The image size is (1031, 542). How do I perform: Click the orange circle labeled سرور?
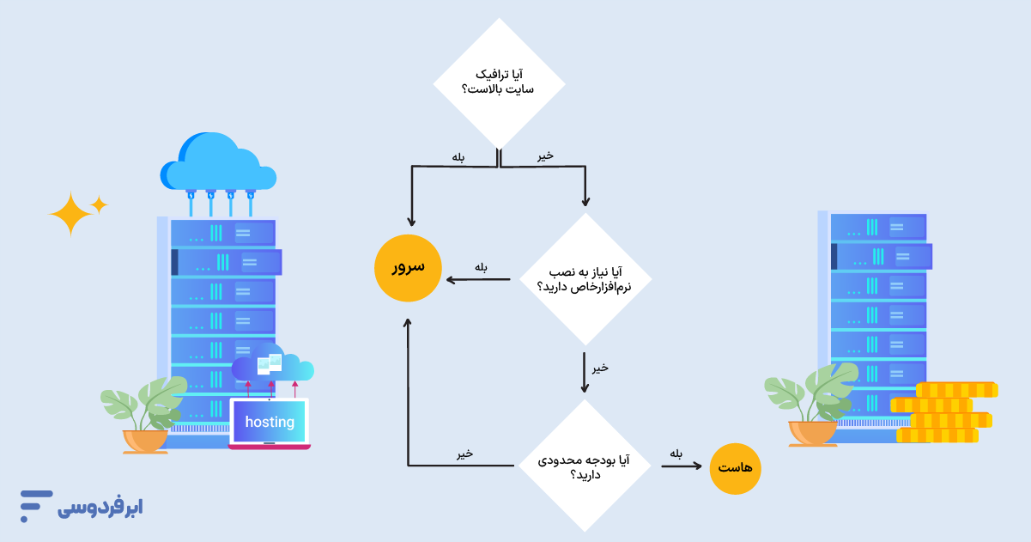408,268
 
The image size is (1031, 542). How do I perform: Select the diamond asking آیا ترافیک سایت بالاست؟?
499,84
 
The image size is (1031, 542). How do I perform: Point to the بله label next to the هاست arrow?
676,454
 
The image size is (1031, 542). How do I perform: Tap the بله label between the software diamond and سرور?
481,267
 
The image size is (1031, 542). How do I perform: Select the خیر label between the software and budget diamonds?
600,367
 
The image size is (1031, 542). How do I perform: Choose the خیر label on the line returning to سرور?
464,454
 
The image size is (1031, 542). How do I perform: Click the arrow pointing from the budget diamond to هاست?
682,467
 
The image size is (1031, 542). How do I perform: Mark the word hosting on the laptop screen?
270,422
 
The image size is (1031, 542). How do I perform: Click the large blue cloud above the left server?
218,163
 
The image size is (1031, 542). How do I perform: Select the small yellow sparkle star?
100,204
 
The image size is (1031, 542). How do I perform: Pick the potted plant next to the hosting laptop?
144,416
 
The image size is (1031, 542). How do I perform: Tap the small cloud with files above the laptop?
273,367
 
